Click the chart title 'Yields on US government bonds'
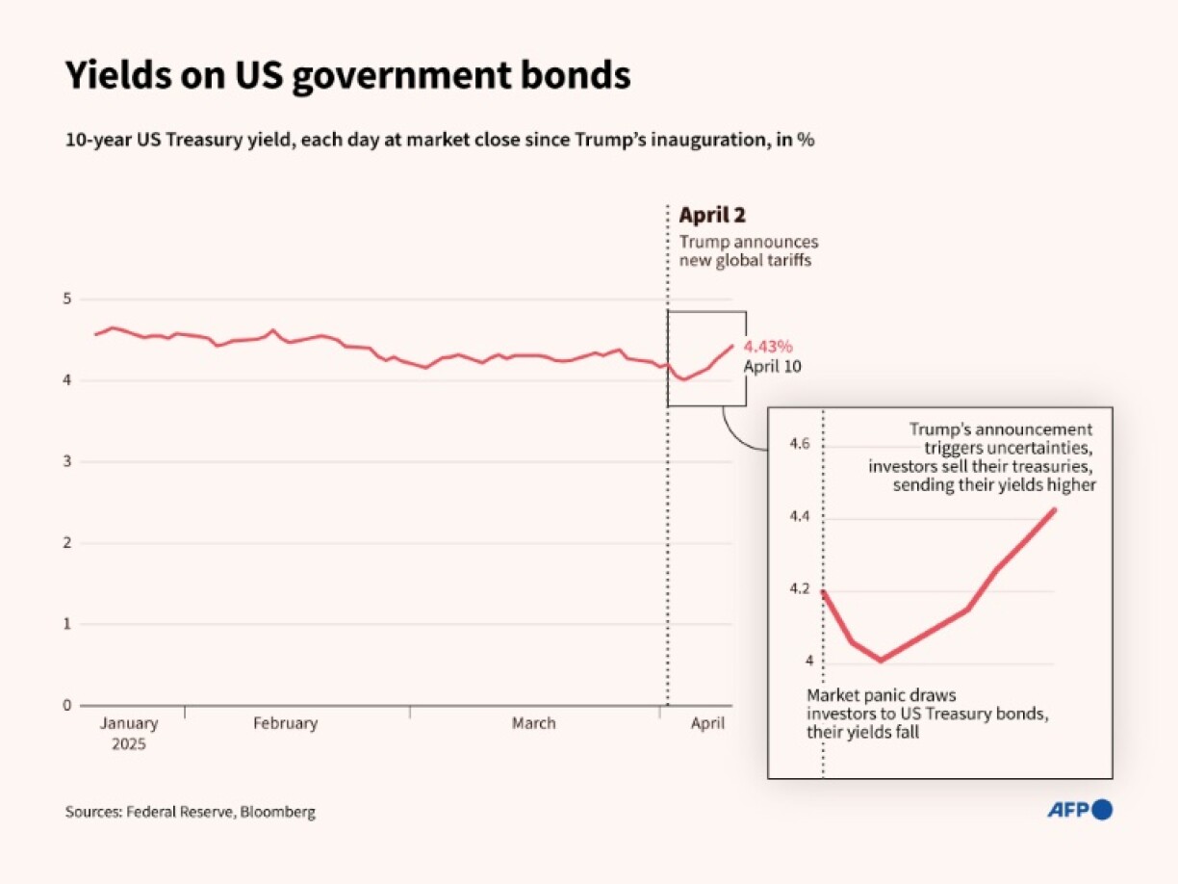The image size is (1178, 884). click(x=347, y=76)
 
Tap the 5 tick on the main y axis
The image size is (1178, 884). click(x=67, y=299)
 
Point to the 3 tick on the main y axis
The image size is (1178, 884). click(x=67, y=462)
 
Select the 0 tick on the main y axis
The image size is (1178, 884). click(x=67, y=705)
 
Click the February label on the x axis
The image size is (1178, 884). click(x=285, y=723)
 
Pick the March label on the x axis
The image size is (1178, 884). click(x=533, y=723)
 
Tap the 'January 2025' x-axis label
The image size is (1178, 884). click(x=128, y=733)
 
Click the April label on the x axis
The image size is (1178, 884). click(x=707, y=723)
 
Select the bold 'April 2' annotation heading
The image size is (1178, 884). click(x=712, y=216)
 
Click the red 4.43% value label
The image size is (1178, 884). click(x=768, y=347)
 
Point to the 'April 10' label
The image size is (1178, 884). click(x=772, y=367)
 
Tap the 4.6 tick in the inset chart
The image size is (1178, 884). click(x=801, y=445)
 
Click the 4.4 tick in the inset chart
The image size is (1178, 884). click(x=801, y=517)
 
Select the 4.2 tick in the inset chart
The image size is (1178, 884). click(x=801, y=589)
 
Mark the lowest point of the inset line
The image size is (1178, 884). click(x=880, y=660)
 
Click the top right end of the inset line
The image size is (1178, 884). click(x=1056, y=509)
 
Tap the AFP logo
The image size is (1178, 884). click(x=1079, y=810)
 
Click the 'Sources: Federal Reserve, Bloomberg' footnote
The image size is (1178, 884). click(x=191, y=812)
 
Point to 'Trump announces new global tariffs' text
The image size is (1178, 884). click(x=749, y=251)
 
